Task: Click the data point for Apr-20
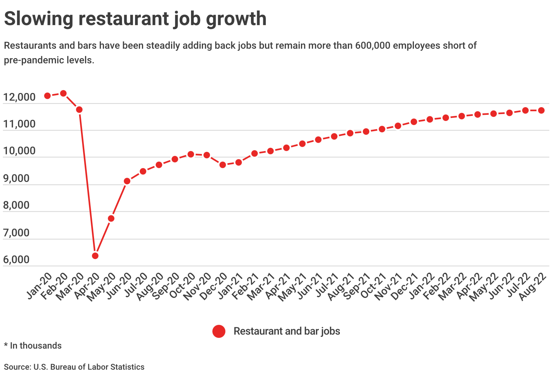(95, 255)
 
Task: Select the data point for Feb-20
(64, 93)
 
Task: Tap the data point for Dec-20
(223, 165)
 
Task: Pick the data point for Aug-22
(541, 110)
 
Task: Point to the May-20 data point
(111, 218)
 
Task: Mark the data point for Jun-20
(127, 181)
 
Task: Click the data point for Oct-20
(191, 154)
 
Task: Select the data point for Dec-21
(414, 122)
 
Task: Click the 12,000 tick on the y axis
(19, 97)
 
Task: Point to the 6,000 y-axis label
(16, 259)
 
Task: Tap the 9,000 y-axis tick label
(16, 178)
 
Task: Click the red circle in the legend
(219, 331)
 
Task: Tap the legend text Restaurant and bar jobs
(287, 331)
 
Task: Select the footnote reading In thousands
(36, 345)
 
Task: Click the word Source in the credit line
(17, 367)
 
